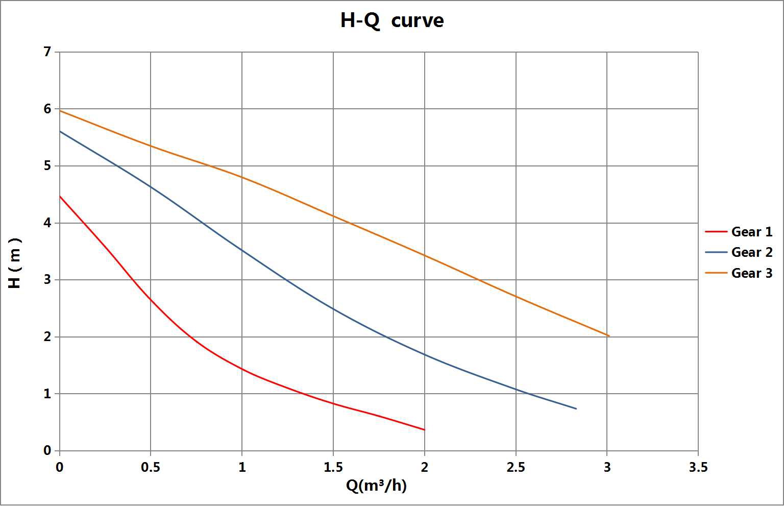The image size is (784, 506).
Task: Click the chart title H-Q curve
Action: [x=392, y=20]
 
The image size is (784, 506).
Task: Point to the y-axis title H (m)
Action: [x=15, y=263]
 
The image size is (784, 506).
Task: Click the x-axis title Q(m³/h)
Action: [x=376, y=485]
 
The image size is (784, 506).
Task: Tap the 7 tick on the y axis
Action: [x=47, y=52]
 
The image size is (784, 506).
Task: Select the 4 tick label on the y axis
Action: [x=47, y=223]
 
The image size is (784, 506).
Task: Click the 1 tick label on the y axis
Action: [x=47, y=394]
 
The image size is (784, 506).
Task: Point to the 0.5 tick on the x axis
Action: [x=151, y=467]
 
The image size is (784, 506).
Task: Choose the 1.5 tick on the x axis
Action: [x=333, y=467]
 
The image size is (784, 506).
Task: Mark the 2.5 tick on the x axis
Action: [x=516, y=467]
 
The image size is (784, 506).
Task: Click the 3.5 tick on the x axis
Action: [x=698, y=467]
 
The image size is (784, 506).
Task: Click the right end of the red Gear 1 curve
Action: [x=424, y=429]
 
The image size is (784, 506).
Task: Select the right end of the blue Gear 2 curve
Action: [x=576, y=408]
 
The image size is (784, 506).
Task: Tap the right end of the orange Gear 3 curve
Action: [x=609, y=335]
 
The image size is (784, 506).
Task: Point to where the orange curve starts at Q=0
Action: [x=60, y=111]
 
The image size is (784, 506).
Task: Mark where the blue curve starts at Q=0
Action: [x=60, y=131]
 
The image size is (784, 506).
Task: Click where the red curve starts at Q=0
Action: [x=60, y=197]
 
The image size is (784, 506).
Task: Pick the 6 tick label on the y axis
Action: [x=47, y=109]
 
